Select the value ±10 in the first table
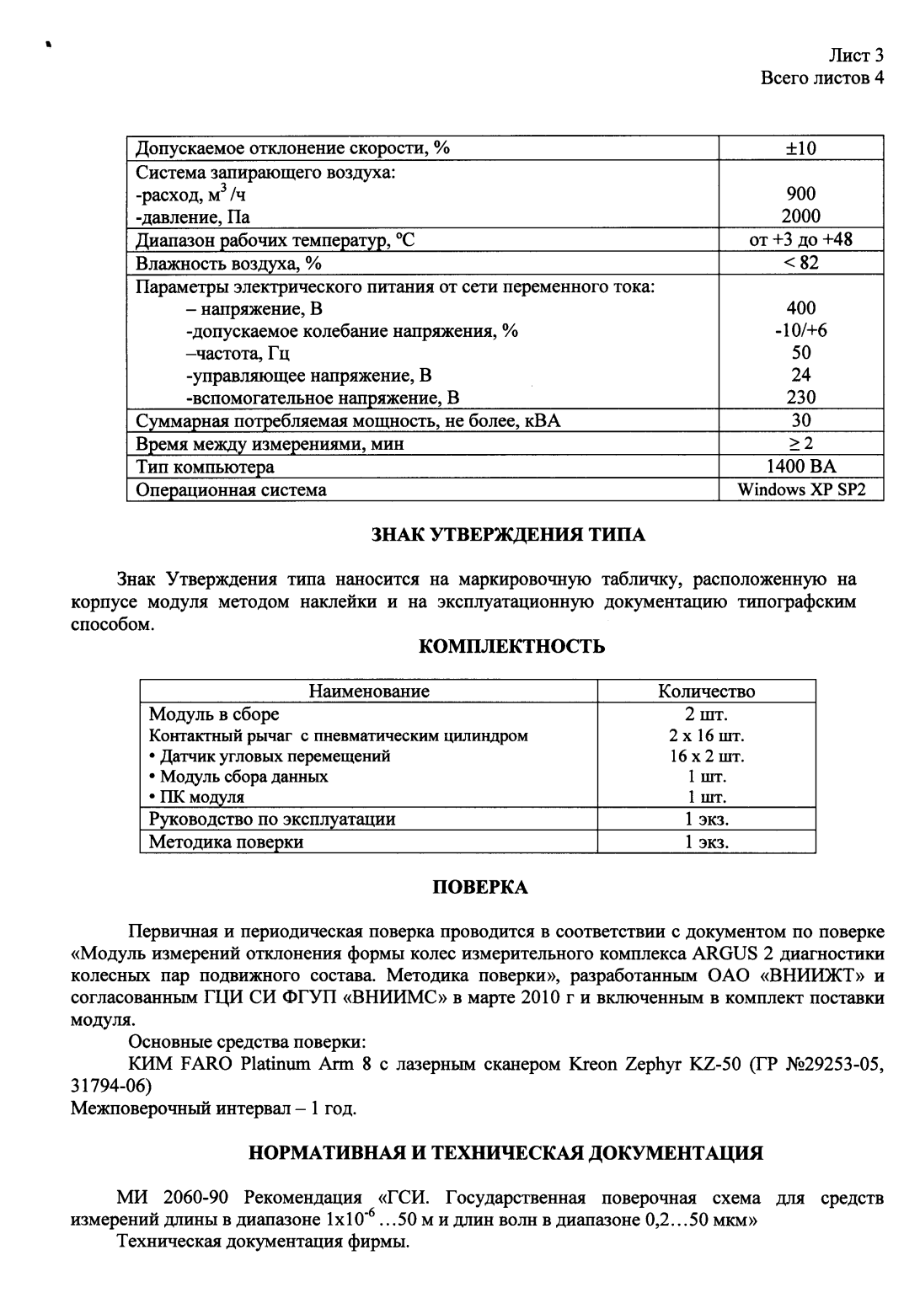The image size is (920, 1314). click(x=800, y=149)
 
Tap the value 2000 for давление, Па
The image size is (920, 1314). click(x=800, y=216)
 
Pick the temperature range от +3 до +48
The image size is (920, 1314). click(x=800, y=240)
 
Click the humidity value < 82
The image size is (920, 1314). click(x=800, y=263)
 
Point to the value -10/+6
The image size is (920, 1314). click(x=800, y=331)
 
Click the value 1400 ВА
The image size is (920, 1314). click(x=800, y=467)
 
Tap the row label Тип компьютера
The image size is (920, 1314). click(x=205, y=467)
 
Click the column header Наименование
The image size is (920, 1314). click(x=369, y=692)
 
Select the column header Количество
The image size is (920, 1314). click(x=706, y=692)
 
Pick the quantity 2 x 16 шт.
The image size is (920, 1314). click(x=706, y=735)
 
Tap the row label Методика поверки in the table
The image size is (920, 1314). click(x=226, y=841)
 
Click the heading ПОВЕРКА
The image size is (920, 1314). click(x=480, y=888)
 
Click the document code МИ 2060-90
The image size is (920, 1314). click(x=178, y=1199)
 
